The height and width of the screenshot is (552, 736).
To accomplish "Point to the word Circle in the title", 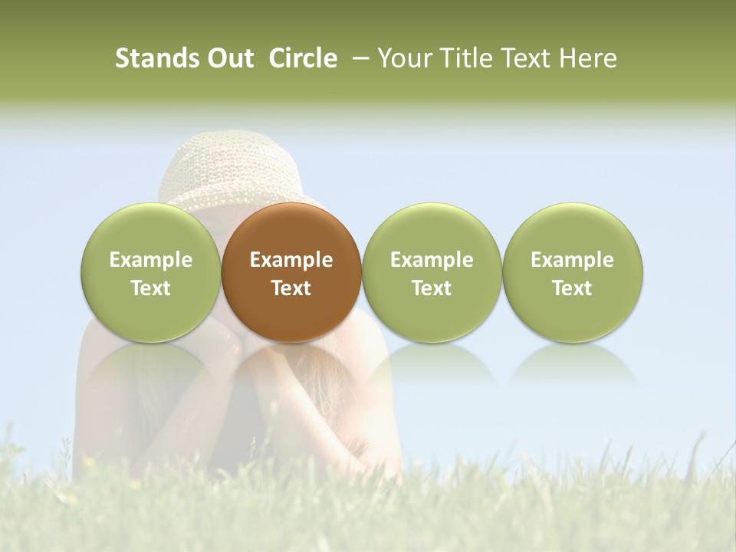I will [x=303, y=58].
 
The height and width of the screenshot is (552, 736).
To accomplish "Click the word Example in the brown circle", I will [x=291, y=260].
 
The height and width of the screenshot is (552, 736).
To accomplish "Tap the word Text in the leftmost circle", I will [x=151, y=288].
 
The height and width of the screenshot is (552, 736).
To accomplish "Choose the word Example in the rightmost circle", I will [x=573, y=260].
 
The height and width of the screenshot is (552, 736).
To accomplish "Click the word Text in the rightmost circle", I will [x=573, y=288].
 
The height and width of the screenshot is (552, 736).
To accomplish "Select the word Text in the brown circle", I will [x=291, y=288].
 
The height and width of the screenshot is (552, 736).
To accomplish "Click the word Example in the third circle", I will [x=432, y=260].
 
